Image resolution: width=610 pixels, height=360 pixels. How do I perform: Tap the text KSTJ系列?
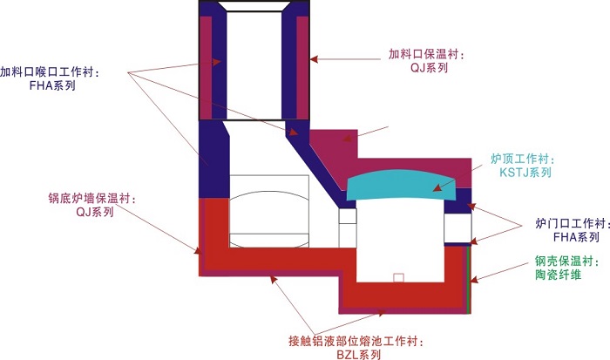point(525,173)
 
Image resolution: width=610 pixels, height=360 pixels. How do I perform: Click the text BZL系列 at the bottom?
point(358,353)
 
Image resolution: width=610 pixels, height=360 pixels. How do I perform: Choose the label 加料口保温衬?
point(427,54)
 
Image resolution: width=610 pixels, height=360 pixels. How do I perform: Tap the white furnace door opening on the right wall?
point(457,228)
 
